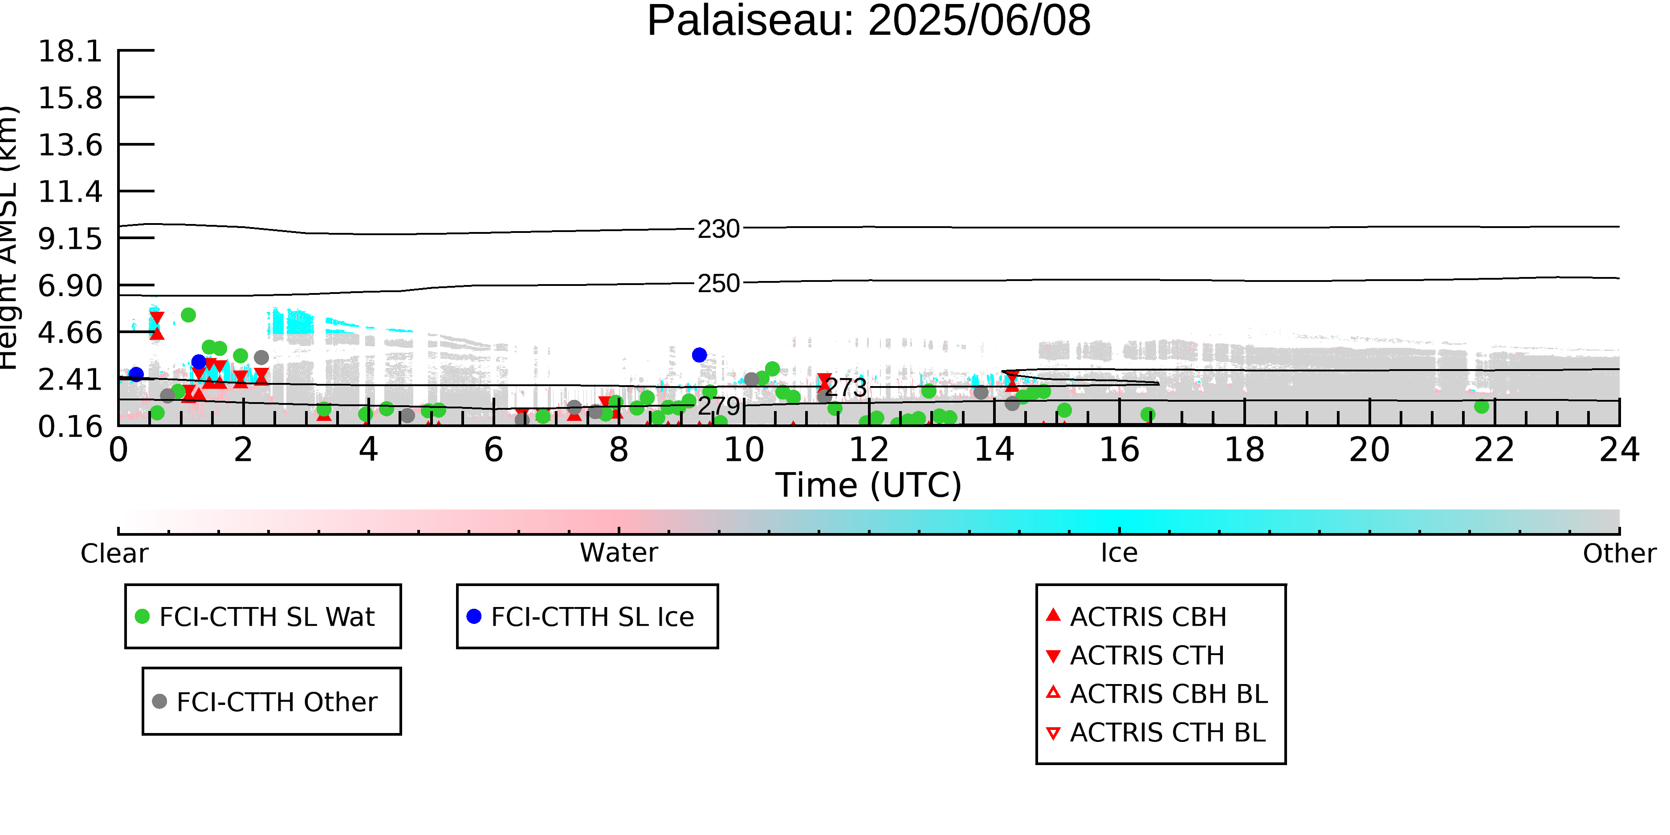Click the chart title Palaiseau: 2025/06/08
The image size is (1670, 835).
tap(869, 21)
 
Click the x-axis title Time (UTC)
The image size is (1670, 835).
tap(869, 485)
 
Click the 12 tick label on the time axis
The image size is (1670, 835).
tap(869, 450)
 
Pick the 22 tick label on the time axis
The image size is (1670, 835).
tap(1494, 450)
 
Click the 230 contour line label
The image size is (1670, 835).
tap(718, 229)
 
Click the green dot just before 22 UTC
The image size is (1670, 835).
tap(1481, 407)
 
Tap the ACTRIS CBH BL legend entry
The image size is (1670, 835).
tap(1157, 694)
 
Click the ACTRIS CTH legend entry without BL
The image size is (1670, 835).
tap(1135, 656)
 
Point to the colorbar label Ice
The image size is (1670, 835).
tap(1119, 554)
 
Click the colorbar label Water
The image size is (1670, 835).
tap(619, 554)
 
